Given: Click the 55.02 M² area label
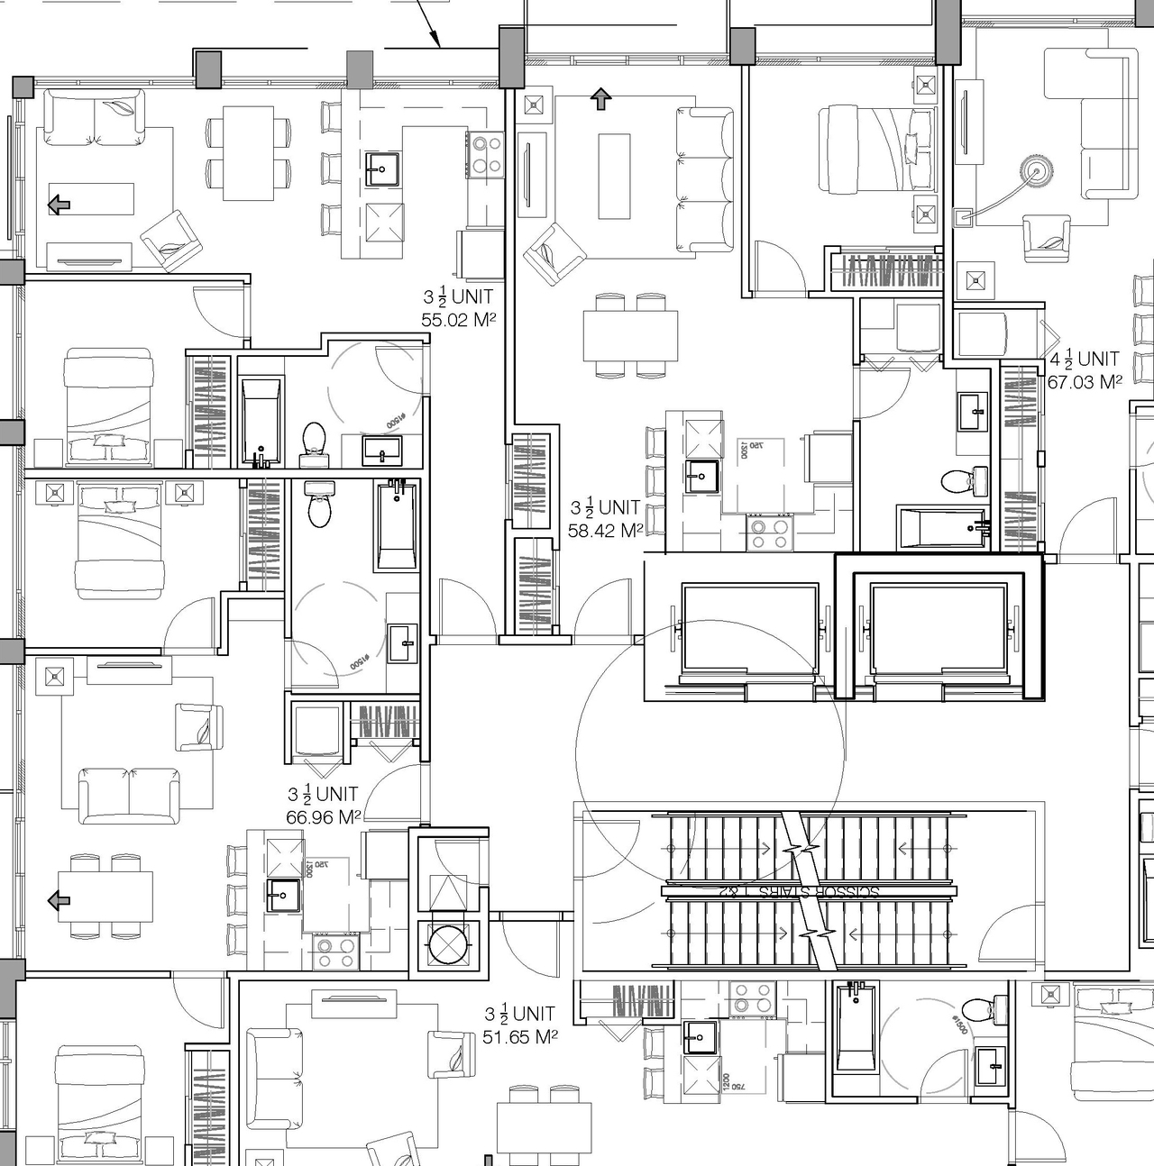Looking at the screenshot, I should [x=459, y=319].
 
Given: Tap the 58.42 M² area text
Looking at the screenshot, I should [x=605, y=531].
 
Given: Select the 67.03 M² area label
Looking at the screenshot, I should [x=1084, y=382].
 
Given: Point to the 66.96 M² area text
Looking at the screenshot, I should [x=323, y=817].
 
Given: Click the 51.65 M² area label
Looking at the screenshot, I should [x=519, y=1037].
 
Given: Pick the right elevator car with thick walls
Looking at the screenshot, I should [x=938, y=628].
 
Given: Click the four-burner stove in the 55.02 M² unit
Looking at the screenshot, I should [x=486, y=153].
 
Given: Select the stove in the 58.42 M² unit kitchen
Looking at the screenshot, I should [x=769, y=532].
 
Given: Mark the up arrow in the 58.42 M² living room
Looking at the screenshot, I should [x=600, y=99].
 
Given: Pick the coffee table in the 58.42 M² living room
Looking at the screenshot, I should [x=614, y=176].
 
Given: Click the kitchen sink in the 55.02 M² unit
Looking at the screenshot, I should [x=382, y=168].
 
